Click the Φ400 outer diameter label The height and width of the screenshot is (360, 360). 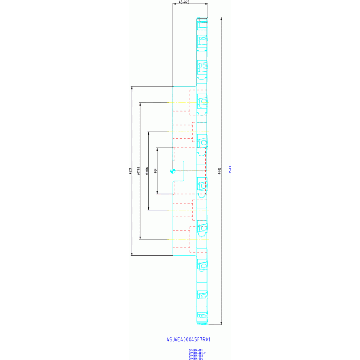(x=219, y=171)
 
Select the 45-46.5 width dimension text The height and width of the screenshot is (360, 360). (x=184, y=3)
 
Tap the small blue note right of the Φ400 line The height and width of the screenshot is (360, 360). (x=230, y=172)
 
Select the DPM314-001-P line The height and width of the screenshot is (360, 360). (x=197, y=353)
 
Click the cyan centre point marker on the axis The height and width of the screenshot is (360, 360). (x=173, y=171)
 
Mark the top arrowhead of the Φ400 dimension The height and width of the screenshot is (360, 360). (x=221, y=18)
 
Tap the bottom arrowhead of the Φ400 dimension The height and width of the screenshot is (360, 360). (x=221, y=323)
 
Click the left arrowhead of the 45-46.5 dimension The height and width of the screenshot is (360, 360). (x=174, y=5)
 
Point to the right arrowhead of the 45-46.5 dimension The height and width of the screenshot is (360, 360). (x=207, y=5)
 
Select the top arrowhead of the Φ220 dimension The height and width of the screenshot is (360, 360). (x=131, y=87)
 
